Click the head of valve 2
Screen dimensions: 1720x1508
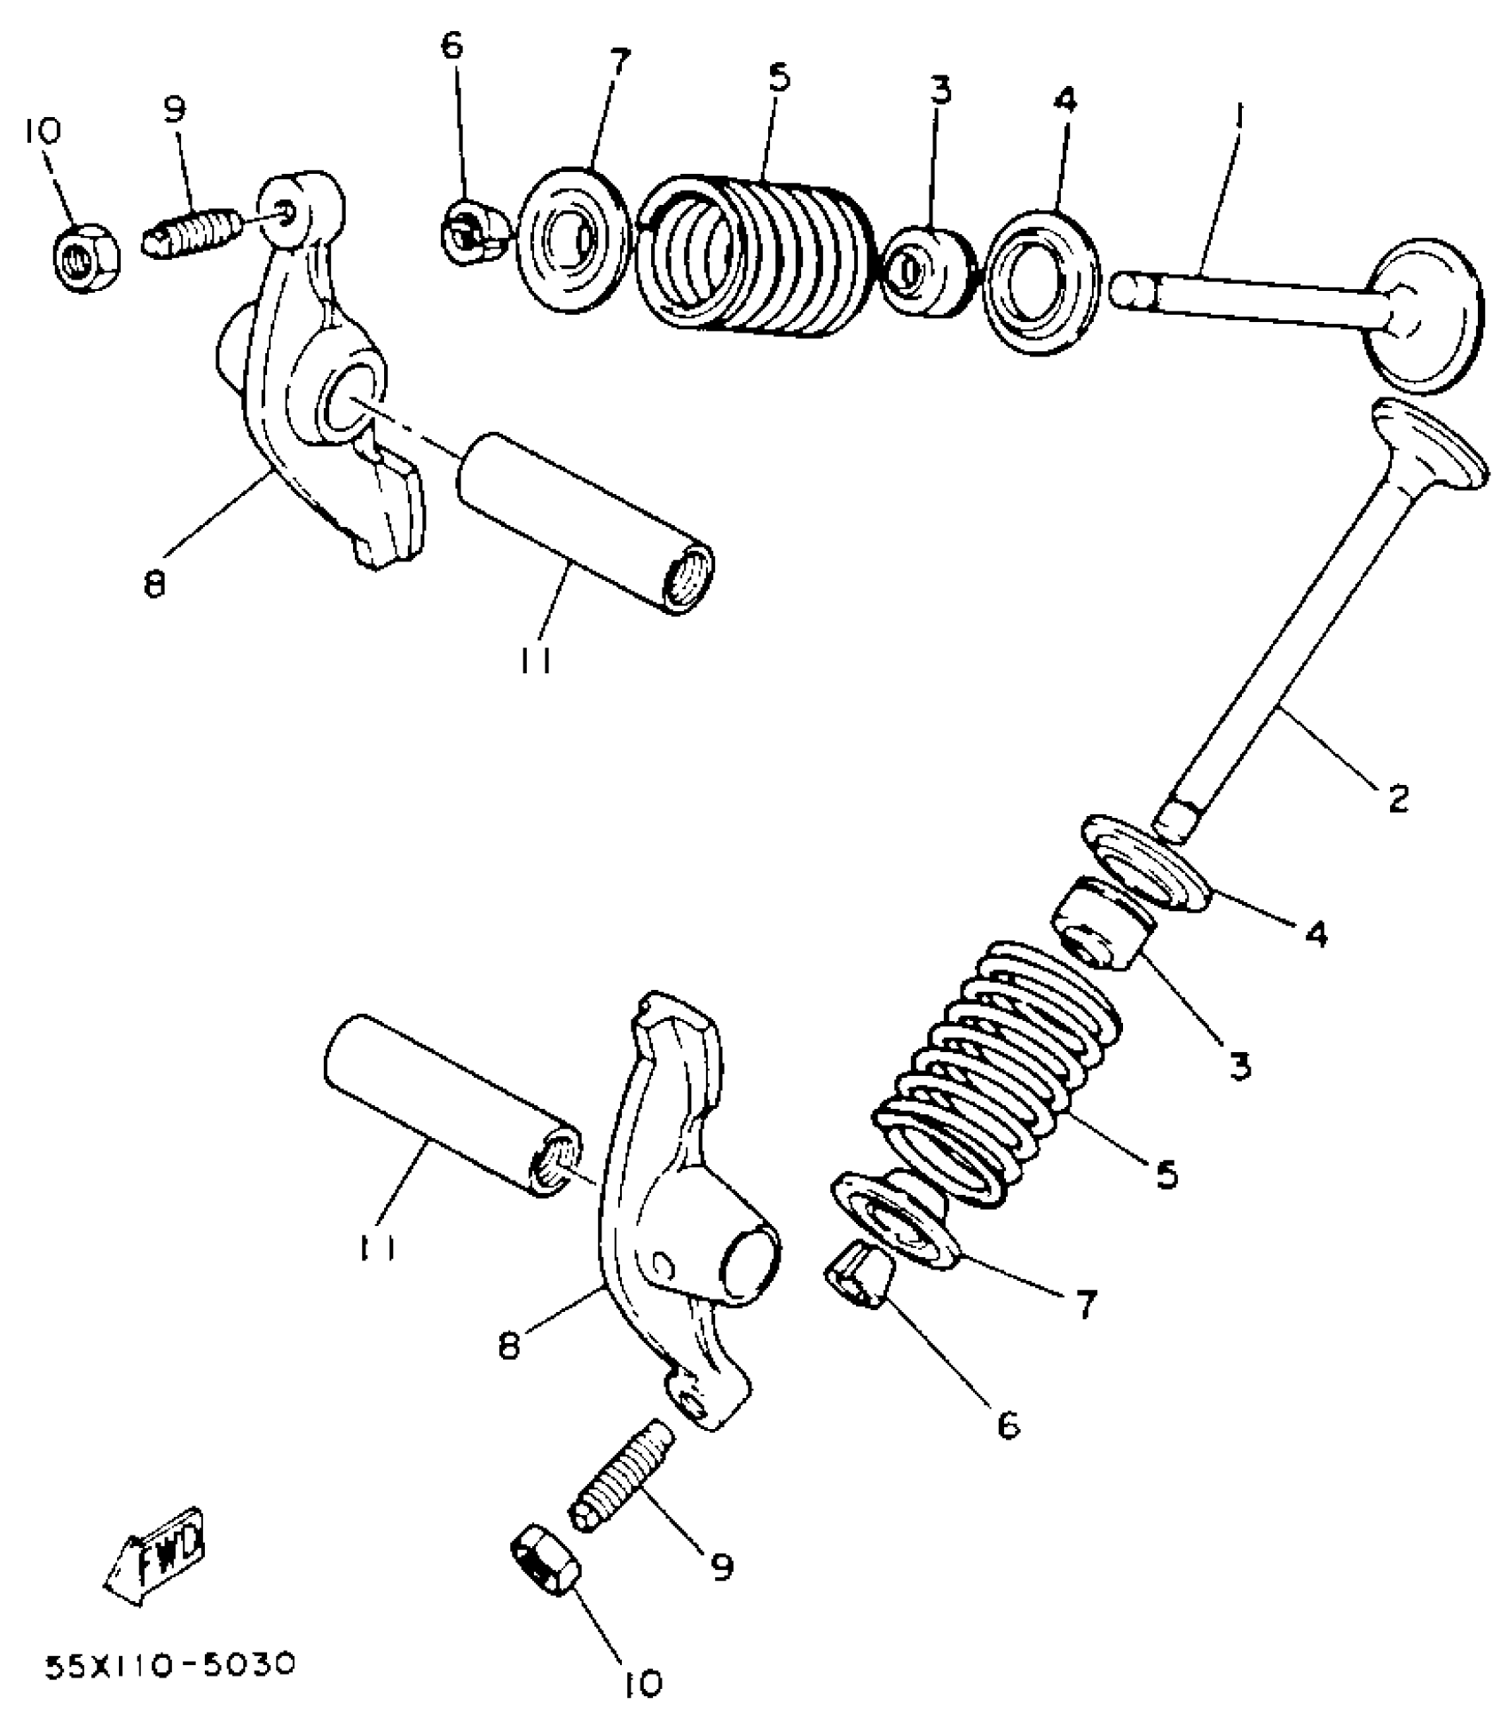(1428, 450)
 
